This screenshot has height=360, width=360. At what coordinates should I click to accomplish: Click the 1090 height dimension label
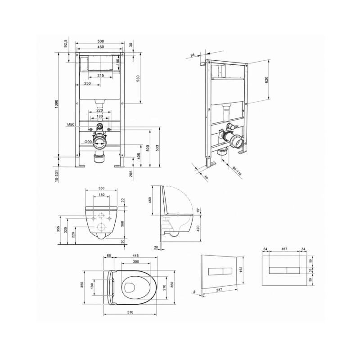tap(57, 104)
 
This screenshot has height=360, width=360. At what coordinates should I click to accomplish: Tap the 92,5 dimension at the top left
tap(66, 43)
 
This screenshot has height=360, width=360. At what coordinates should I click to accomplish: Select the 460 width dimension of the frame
tap(100, 47)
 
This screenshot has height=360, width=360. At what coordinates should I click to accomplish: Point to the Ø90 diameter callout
tap(88, 142)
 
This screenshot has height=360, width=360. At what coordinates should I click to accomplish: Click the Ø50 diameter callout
tap(71, 124)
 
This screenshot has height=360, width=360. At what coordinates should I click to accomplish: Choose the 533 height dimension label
tap(157, 148)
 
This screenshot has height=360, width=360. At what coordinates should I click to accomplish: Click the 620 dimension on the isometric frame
tap(266, 80)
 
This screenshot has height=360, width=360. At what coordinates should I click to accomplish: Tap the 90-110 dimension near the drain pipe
tap(237, 171)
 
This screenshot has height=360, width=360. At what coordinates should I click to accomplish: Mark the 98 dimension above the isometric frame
tap(193, 55)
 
